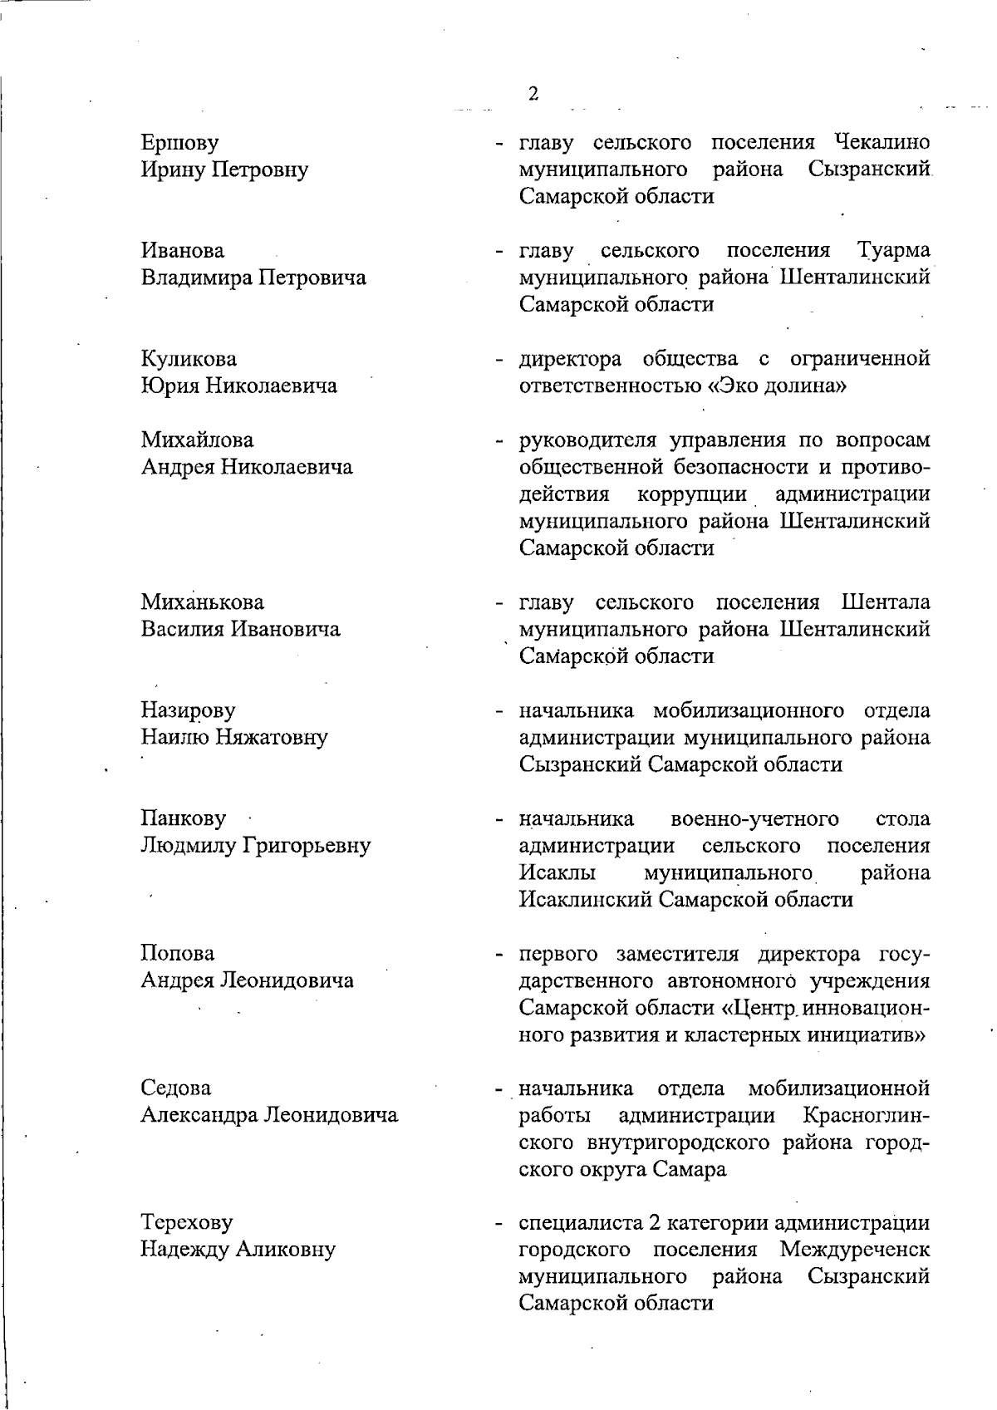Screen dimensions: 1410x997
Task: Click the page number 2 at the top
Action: (x=533, y=93)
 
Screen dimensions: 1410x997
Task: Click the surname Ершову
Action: (x=180, y=143)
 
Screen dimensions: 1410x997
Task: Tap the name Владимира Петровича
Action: (x=253, y=278)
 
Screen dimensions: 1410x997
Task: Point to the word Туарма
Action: (x=892, y=250)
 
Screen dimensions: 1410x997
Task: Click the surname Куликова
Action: (x=189, y=359)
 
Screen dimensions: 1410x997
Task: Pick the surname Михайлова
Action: (x=197, y=440)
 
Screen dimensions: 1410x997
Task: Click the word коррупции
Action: (x=692, y=494)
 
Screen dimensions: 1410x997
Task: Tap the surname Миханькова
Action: (x=203, y=602)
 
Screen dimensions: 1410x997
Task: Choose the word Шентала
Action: (x=886, y=602)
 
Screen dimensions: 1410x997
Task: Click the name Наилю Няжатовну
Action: (x=234, y=737)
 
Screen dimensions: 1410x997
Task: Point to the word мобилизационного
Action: (x=749, y=710)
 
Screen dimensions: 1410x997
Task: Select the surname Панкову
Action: (x=184, y=818)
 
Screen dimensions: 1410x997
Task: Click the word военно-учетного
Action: (x=754, y=819)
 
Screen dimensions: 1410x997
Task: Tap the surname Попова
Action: (x=177, y=953)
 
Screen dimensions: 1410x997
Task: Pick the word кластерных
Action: (x=751, y=1035)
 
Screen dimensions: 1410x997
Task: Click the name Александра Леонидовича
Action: (x=269, y=1115)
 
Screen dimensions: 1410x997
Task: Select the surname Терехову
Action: (x=187, y=1223)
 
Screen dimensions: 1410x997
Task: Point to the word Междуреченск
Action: (x=854, y=1250)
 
